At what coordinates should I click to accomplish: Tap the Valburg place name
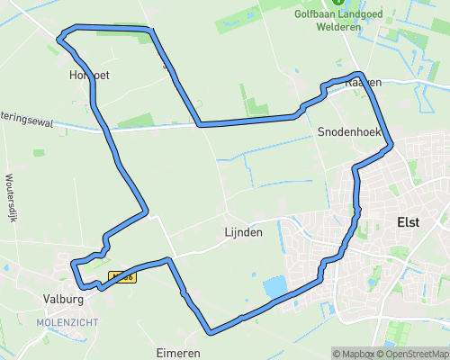tap(63, 298)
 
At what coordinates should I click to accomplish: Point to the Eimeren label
tap(176, 353)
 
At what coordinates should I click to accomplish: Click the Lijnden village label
tap(243, 232)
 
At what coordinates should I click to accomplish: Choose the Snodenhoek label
tap(350, 131)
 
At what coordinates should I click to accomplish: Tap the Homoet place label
tap(88, 76)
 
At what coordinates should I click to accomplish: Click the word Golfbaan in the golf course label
tap(315, 15)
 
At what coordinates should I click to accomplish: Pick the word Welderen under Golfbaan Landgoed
tap(340, 27)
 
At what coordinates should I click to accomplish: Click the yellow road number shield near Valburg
tap(121, 277)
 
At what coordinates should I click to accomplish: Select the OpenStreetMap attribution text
tap(415, 353)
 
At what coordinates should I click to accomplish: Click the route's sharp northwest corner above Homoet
tap(59, 38)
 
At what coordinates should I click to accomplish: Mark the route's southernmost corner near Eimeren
tap(209, 331)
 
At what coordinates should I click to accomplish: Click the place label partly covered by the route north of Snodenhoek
tap(364, 82)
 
